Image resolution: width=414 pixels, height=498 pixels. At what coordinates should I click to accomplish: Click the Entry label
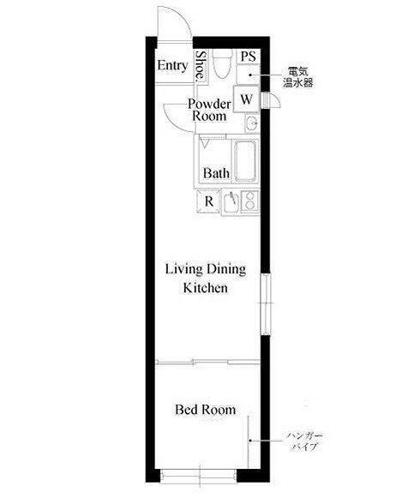172,66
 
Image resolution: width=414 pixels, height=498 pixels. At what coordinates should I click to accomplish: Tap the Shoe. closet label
201,67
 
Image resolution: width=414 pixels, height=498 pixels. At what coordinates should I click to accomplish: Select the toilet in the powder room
222,63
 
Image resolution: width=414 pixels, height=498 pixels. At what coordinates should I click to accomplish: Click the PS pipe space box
249,57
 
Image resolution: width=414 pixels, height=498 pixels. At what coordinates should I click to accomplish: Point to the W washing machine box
246,99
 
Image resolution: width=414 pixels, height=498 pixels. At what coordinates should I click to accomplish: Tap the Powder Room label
209,110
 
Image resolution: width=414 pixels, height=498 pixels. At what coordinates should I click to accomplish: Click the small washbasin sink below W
252,123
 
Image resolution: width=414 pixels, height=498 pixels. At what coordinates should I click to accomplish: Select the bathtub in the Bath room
245,160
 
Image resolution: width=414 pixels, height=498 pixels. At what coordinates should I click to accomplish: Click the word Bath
216,173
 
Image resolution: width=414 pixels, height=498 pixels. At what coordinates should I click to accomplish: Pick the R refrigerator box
208,201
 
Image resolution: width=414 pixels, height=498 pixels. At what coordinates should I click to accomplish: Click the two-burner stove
250,201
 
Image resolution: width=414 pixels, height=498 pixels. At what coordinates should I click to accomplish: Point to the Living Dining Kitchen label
206,279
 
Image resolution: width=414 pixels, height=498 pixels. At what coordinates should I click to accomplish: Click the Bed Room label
206,410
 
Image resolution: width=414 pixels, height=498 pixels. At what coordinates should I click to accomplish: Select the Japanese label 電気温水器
298,77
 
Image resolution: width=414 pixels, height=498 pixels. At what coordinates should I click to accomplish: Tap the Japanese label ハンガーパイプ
305,441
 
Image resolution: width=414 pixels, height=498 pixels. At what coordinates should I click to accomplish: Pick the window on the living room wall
266,303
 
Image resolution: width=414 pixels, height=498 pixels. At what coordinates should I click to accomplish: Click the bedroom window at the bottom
199,476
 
